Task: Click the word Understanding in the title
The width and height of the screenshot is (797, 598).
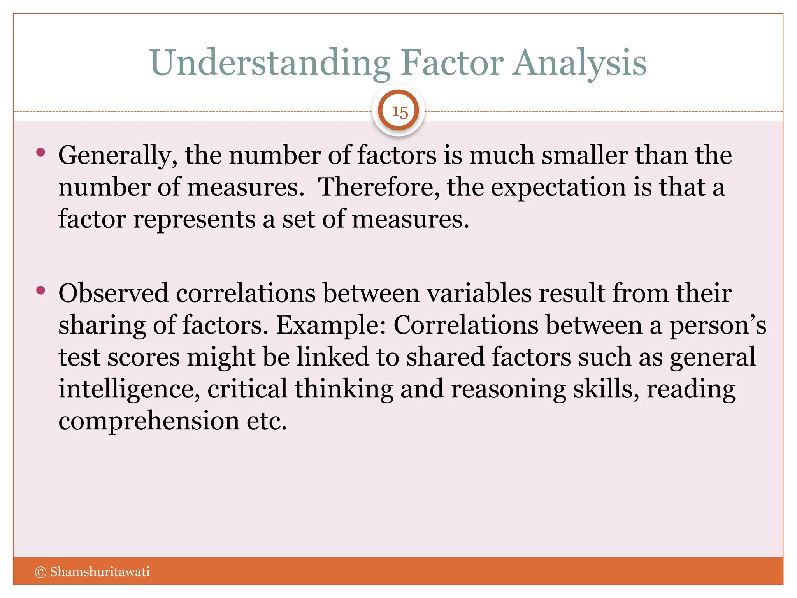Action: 269,63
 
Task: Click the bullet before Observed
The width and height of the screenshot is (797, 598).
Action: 40,290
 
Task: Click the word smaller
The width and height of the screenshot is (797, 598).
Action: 585,155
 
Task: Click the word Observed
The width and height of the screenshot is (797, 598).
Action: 113,293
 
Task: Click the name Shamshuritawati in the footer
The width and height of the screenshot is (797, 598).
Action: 100,572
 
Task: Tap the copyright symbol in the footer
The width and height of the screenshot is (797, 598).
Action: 40,572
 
